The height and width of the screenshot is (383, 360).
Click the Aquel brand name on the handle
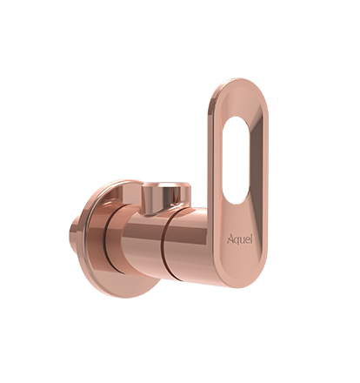(x=239, y=239)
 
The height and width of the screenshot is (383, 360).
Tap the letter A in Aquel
(x=230, y=239)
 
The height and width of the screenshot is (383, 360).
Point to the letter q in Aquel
(x=236, y=240)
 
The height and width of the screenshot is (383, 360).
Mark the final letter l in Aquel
(x=251, y=239)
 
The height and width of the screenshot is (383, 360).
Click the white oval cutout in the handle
(x=236, y=160)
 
